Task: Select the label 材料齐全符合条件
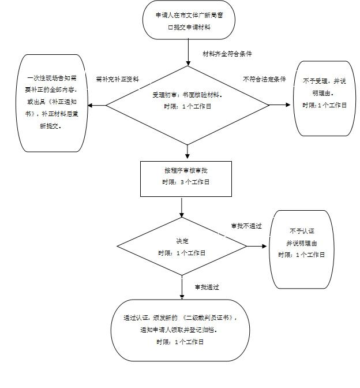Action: (227, 54)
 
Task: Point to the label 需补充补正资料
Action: (117, 79)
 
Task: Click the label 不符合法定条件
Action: (264, 79)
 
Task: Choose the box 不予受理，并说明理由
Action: (324, 98)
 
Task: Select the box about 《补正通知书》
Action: (52, 103)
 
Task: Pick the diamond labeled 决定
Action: (182, 247)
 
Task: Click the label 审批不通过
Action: (246, 226)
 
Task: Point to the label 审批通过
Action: (207, 287)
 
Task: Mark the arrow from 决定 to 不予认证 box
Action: (258, 247)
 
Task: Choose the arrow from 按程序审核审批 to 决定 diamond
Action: (182, 207)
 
